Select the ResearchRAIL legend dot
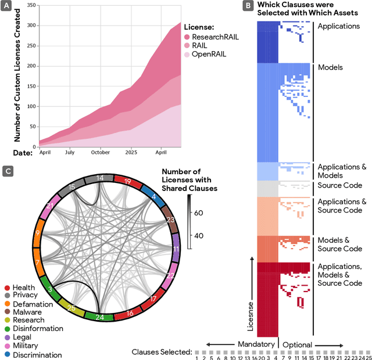[188, 37]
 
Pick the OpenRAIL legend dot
[188, 55]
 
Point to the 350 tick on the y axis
[31, 5]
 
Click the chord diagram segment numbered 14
[100, 178]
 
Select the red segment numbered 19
[127, 181]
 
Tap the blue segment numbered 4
[153, 197]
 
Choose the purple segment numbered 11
[175, 249]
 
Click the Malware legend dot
[7, 312]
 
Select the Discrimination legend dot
[7, 355]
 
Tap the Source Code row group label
[339, 185]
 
